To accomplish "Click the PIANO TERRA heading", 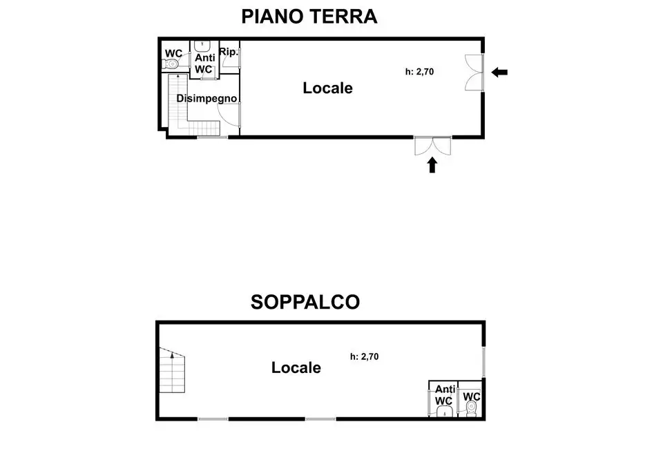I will [x=309, y=17].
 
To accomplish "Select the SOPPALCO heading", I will [x=305, y=302].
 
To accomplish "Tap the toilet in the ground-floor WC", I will [x=171, y=65].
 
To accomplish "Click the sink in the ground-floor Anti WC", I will [x=203, y=46].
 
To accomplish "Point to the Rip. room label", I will [x=229, y=52].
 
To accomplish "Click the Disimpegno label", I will [x=206, y=98].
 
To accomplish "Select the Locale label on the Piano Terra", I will [x=327, y=88].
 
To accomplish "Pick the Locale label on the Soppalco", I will [x=296, y=368].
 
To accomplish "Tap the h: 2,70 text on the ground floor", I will [x=419, y=71].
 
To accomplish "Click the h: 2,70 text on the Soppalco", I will [x=365, y=357].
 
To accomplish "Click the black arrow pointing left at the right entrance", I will [x=499, y=72].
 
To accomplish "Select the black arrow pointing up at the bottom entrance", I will [x=432, y=164].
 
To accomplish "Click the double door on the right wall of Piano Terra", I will [x=475, y=72].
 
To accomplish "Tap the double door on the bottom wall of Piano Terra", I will [x=432, y=146].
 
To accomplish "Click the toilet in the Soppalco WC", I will [x=472, y=410].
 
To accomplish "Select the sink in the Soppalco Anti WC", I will [x=443, y=412].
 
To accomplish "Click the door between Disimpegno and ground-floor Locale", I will [x=238, y=115].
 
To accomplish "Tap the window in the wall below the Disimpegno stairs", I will [x=212, y=137].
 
